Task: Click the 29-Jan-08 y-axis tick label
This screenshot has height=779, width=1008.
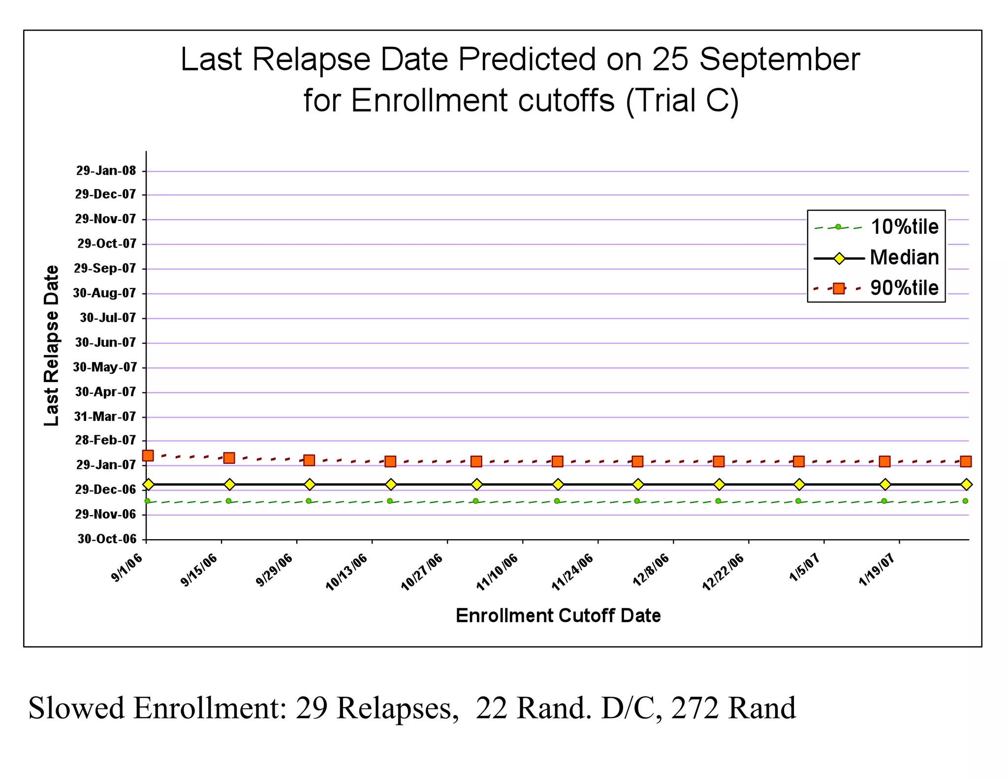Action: click(x=106, y=171)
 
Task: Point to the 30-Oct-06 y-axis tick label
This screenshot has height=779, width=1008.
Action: click(x=107, y=539)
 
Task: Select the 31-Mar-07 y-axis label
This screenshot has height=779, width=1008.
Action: click(x=105, y=417)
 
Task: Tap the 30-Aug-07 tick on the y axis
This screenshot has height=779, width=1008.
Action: click(x=104, y=293)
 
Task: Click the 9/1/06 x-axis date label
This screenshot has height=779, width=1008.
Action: click(x=127, y=568)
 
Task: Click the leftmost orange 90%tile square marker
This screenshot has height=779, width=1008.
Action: click(x=148, y=455)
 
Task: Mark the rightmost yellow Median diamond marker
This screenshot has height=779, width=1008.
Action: click(x=966, y=485)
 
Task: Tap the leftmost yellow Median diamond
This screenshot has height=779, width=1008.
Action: click(x=148, y=485)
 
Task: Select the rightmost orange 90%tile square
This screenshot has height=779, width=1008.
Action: click(x=966, y=461)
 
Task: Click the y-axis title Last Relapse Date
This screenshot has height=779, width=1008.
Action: click(x=51, y=346)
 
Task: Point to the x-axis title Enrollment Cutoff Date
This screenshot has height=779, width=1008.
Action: click(x=558, y=616)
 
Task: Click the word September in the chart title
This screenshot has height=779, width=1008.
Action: click(x=779, y=60)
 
